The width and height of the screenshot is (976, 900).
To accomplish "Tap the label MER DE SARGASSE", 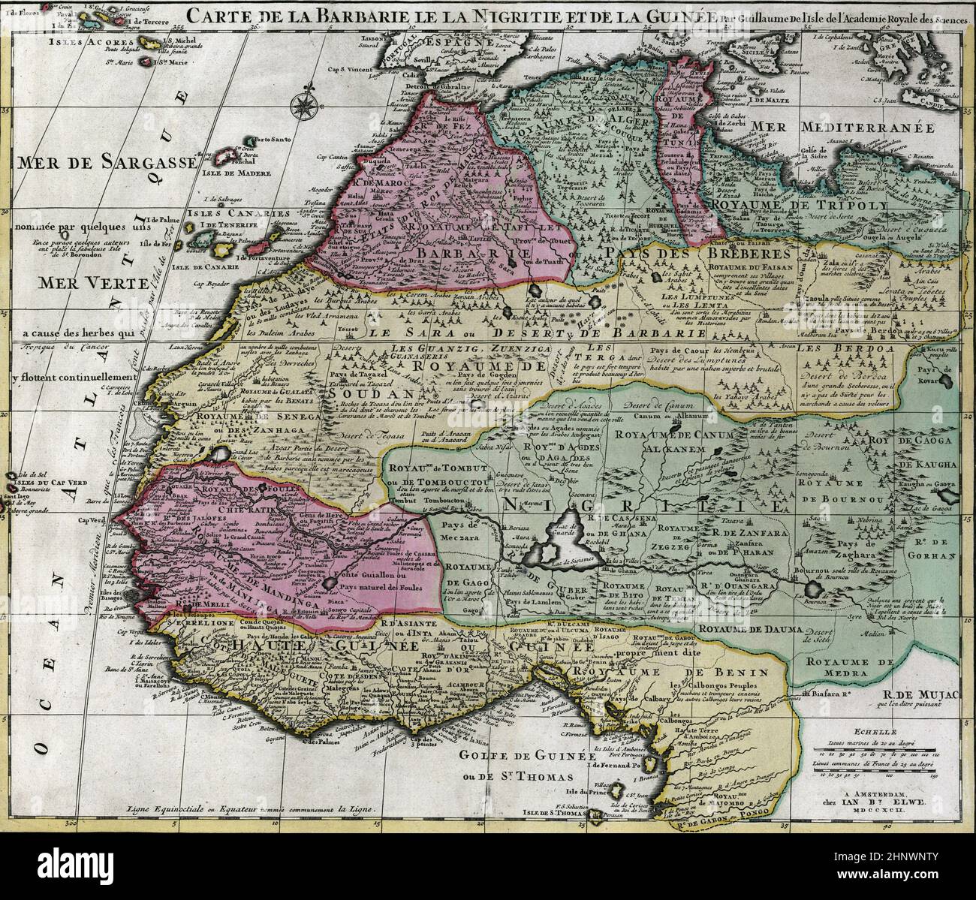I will point(106,163).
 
